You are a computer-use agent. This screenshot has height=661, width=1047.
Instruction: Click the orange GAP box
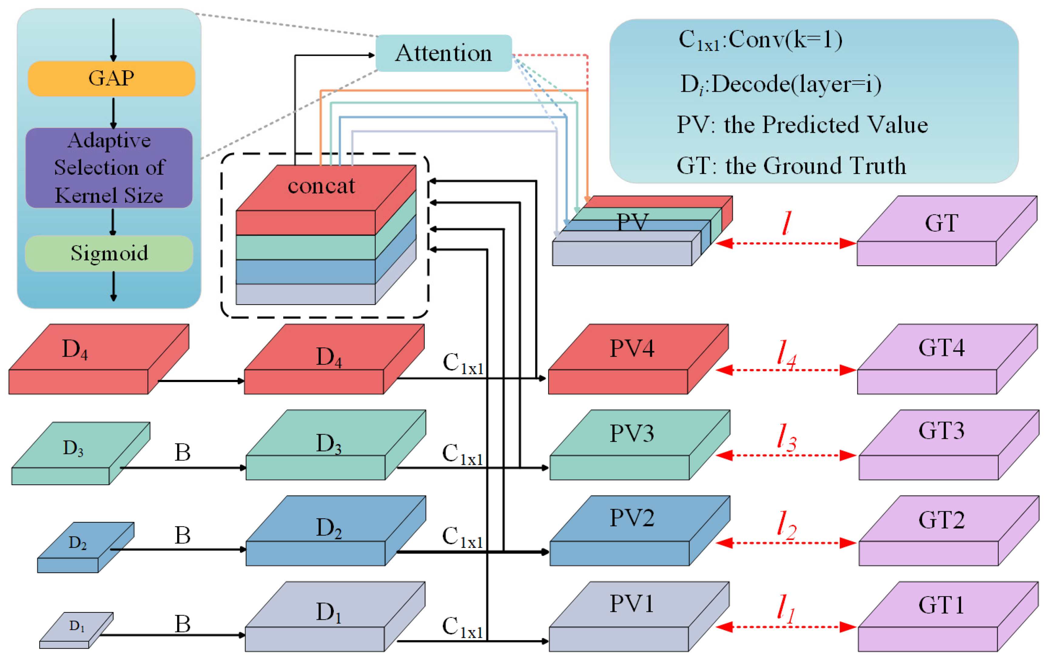point(111,79)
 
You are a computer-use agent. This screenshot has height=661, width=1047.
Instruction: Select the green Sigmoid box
point(109,253)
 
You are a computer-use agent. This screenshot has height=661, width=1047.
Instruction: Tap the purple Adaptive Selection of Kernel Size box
point(109,168)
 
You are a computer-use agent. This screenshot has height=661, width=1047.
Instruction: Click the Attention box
point(443,53)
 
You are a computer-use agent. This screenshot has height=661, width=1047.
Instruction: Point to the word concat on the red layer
point(321,186)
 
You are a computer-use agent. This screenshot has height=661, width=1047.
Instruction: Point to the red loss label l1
point(785,609)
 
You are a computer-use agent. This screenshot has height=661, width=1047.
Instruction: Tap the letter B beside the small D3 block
point(183,453)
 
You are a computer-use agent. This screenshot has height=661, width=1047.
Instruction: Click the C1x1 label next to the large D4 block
point(463,363)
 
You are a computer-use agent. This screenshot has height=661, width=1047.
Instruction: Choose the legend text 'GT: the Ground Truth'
point(791,166)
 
